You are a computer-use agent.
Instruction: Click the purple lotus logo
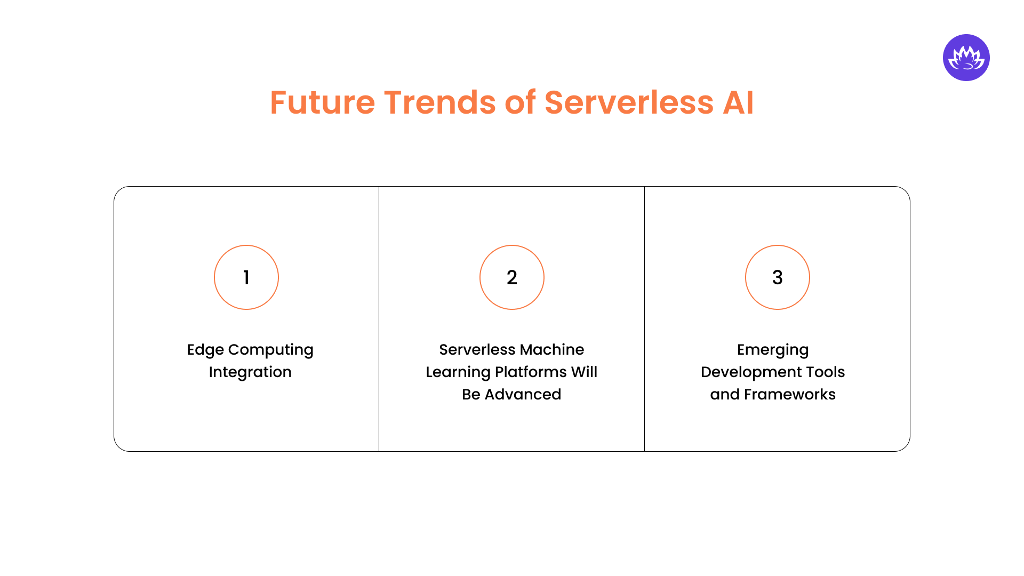coord(966,58)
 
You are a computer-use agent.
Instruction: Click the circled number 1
coord(246,277)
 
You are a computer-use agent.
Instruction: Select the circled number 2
coord(512,277)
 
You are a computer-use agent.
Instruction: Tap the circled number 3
coord(777,277)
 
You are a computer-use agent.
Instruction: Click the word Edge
coord(205,350)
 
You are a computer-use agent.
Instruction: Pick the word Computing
coord(271,350)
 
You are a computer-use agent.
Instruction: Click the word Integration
coord(250,372)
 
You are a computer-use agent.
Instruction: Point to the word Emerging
coord(773,350)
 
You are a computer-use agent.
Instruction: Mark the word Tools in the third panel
coord(825,372)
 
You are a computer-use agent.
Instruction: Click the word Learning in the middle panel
coord(458,372)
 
